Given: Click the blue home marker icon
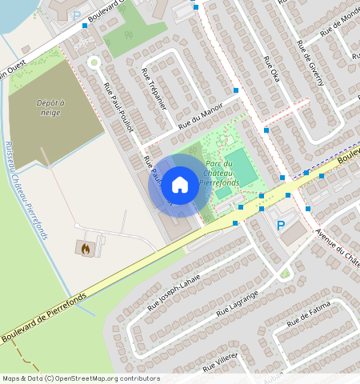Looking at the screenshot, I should pyautogui.click(x=180, y=186).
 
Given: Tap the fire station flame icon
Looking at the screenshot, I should pyautogui.click(x=85, y=249).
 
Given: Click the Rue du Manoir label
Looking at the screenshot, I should pyautogui.click(x=201, y=118).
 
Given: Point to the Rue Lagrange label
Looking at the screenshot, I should pyautogui.click(x=234, y=310).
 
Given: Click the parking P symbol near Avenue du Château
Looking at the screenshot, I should pyautogui.click(x=280, y=226).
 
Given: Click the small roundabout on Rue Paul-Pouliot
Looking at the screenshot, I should pyautogui.click(x=93, y=62).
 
